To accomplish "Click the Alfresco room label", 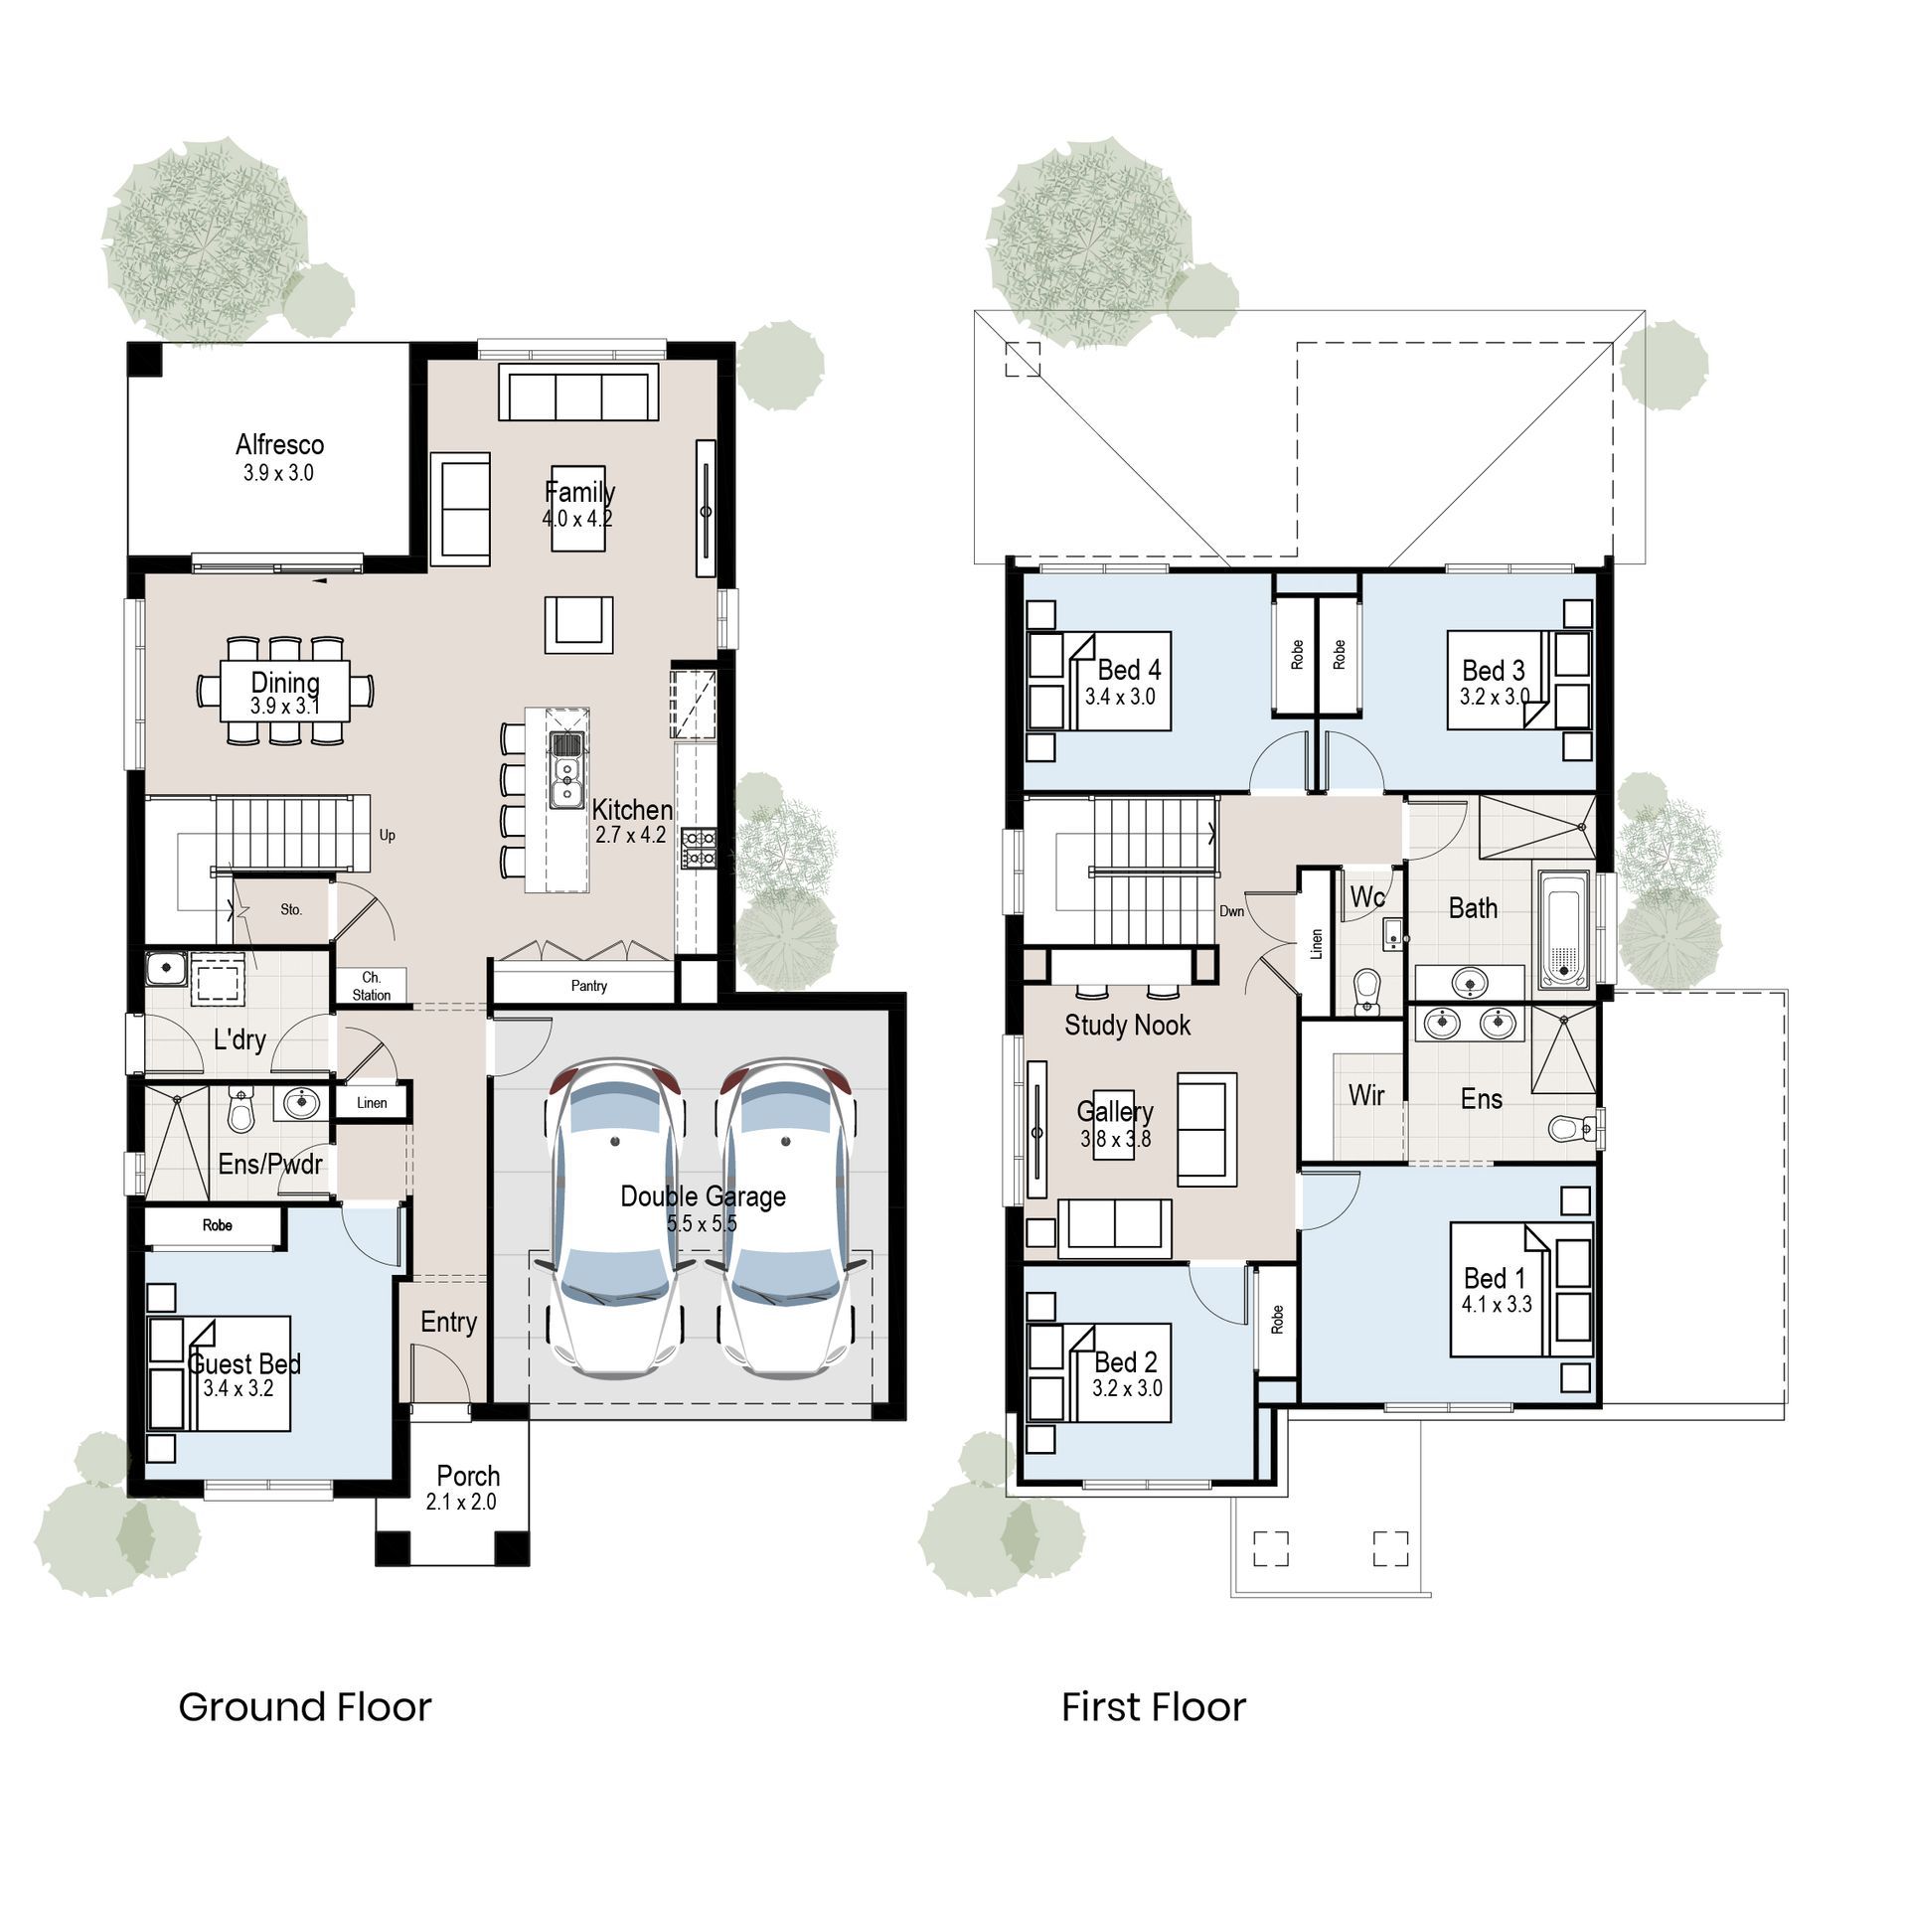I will tap(279, 444).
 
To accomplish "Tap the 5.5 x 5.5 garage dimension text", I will tap(702, 1223).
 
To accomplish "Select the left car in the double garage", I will tap(616, 1218).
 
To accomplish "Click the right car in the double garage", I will tap(786, 1218).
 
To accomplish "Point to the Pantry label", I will tap(588, 986).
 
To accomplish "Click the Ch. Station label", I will tap(371, 986).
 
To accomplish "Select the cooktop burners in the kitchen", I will tap(699, 848).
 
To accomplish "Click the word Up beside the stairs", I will tap(387, 835).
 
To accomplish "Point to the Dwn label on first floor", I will tap(1231, 910).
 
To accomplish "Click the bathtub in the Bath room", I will tap(1564, 929).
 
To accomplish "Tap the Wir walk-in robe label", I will tap(1365, 1095).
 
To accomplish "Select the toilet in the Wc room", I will tap(1367, 990).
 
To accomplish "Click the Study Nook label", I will tap(1127, 1025).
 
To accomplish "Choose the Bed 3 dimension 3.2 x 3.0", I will tap(1494, 697).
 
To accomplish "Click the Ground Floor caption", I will tap(304, 1706).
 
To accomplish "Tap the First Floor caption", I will tap(1153, 1706).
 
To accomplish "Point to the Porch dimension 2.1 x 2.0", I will tap(461, 1502).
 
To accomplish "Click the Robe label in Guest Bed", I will tap(217, 1225).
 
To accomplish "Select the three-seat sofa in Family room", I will tap(578, 395).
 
